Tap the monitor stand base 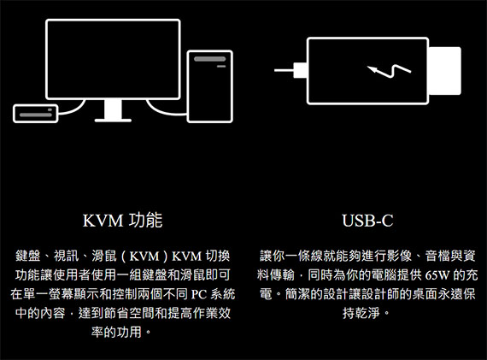(113, 120)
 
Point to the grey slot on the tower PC (210, 59)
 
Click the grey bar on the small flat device (36, 115)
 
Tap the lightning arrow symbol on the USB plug (389, 71)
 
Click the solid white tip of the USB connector (444, 71)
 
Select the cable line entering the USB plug (284, 71)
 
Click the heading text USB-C (367, 221)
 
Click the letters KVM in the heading (103, 221)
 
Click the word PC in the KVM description (198, 294)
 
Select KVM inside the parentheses (144, 257)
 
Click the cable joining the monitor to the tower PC (165, 111)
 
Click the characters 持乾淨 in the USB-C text (361, 313)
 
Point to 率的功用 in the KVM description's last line (116, 332)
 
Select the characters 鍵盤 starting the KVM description (28, 257)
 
